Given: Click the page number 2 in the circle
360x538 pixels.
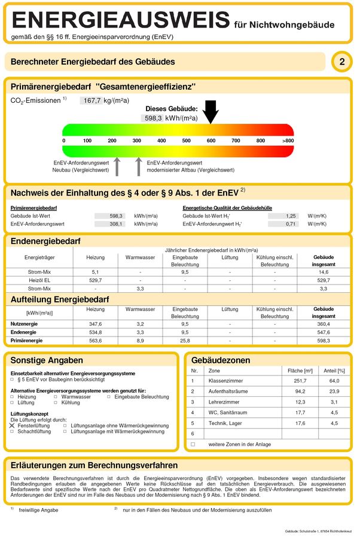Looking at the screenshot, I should click(341, 62).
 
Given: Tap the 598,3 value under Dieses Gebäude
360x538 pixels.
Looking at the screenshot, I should click(153, 118).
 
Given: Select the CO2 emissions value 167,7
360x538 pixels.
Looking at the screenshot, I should click(91, 100).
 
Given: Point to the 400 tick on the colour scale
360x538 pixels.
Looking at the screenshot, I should click(161, 140).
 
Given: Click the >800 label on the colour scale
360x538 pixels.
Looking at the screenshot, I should click(288, 140).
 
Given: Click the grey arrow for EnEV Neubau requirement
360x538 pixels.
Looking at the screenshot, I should click(117, 166).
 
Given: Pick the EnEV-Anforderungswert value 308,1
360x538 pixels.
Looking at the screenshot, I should click(116, 224).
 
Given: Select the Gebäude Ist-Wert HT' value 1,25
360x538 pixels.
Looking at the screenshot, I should click(291, 215).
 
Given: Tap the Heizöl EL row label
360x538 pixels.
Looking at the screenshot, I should click(39, 280).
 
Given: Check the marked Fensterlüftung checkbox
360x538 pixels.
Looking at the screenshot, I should click(13, 425).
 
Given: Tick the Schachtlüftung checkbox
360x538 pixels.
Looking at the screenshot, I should click(13, 431).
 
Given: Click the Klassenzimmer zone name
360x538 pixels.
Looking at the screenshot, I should click(224, 380).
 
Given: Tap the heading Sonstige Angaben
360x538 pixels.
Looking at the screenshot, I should click(47, 360).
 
